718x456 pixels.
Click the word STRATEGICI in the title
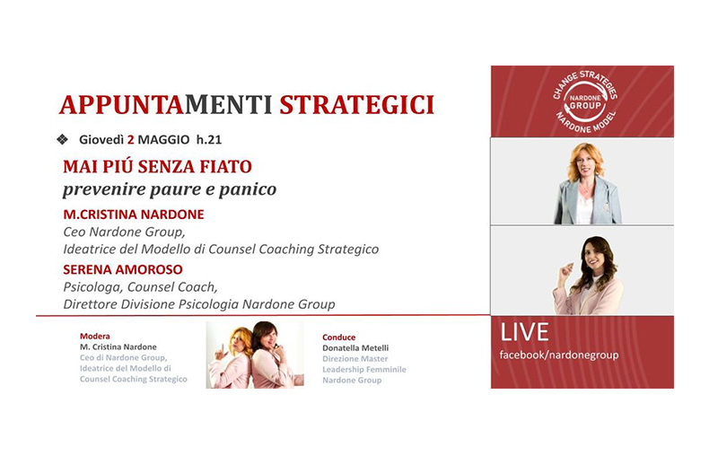coord(356,105)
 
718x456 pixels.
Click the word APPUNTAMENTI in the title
coord(166,105)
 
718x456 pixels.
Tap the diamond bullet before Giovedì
coord(62,140)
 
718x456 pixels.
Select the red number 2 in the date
coord(130,140)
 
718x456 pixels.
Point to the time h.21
coord(209,140)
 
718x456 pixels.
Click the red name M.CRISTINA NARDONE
coord(134,215)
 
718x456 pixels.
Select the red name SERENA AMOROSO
coord(123,269)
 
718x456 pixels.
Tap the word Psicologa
coord(93,287)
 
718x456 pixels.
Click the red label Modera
coord(95,336)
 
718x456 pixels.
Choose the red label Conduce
coord(339,338)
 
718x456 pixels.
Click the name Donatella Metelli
coord(355,348)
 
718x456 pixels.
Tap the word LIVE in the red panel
coord(524,332)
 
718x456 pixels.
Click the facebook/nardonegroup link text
coord(559,355)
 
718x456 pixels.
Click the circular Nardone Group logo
coord(585,101)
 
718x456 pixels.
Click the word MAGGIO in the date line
coord(163,140)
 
